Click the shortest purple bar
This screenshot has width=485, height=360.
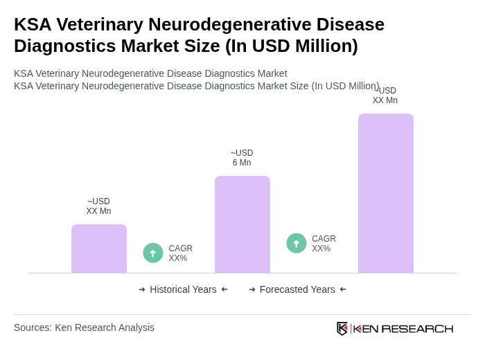98,249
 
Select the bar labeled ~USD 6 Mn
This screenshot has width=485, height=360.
242,224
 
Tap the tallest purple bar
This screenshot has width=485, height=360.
385,193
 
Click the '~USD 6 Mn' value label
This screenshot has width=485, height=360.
242,158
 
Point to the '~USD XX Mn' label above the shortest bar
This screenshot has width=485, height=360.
98,206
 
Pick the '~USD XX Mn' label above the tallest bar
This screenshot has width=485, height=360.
385,96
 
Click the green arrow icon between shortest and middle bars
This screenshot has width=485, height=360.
153,253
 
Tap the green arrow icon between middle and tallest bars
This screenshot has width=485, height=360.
297,244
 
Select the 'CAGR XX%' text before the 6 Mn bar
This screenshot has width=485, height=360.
180,253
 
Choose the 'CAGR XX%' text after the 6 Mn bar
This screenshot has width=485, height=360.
324,244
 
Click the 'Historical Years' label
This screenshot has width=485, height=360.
183,289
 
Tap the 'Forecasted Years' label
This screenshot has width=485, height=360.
297,289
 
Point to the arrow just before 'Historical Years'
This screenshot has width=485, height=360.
142,289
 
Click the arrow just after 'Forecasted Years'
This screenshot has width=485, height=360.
343,289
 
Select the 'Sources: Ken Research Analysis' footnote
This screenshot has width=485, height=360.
84,327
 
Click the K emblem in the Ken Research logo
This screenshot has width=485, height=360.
342,328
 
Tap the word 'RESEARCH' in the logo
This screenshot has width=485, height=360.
417,329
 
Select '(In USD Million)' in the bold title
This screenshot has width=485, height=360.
291,46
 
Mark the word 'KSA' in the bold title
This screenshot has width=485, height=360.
33,24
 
